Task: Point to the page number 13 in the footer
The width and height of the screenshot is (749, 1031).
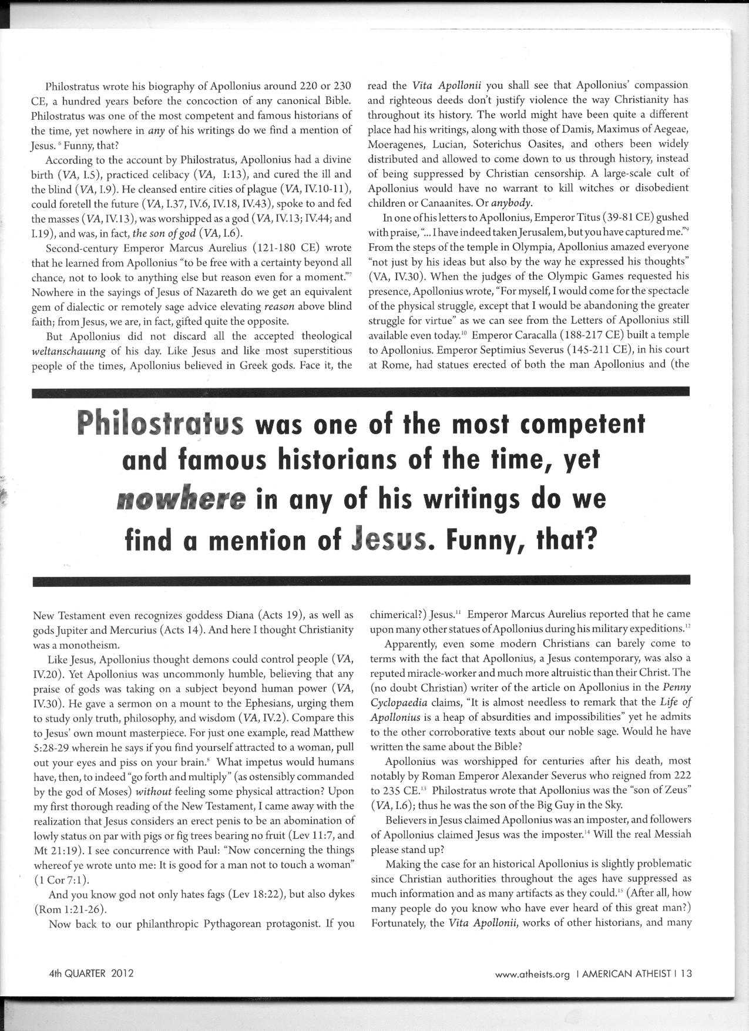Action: [686, 973]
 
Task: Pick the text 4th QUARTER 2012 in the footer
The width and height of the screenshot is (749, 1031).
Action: [91, 973]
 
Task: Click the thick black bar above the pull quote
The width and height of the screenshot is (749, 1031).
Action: [361, 392]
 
